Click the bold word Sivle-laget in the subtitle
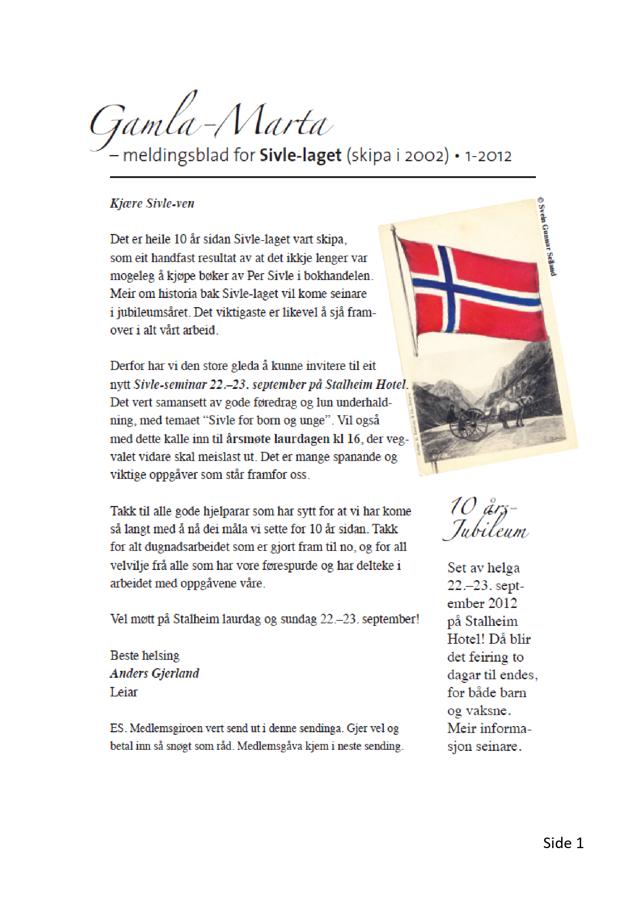pyautogui.click(x=300, y=155)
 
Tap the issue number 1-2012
pyautogui.click(x=488, y=156)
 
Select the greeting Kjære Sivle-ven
pyautogui.click(x=152, y=203)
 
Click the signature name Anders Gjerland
pyautogui.click(x=154, y=673)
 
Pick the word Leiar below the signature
pyautogui.click(x=124, y=692)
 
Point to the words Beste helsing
pyautogui.click(x=144, y=655)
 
